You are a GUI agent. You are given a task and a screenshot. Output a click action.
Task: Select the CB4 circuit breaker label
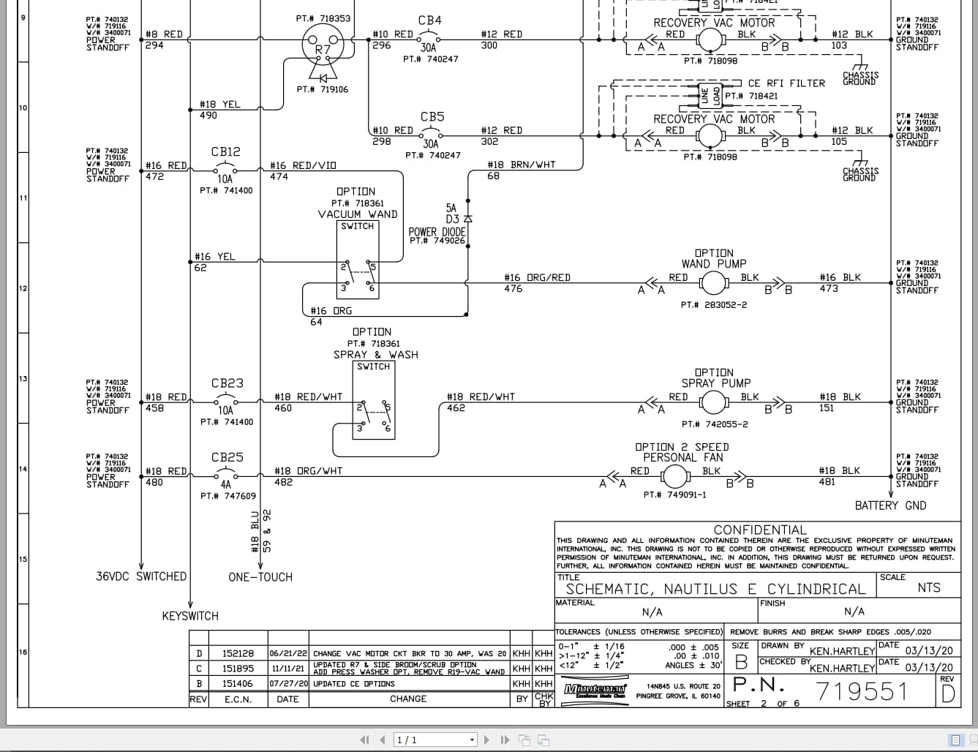[429, 20]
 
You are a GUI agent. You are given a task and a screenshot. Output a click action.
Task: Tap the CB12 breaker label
[225, 151]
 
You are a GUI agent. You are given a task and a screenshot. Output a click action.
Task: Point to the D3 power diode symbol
[468, 219]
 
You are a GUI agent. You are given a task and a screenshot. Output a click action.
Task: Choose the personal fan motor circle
[674, 476]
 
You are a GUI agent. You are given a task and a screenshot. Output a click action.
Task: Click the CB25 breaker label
[227, 457]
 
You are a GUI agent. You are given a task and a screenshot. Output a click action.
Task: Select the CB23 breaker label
[227, 383]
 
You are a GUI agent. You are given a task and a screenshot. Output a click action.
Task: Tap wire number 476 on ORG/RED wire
[514, 289]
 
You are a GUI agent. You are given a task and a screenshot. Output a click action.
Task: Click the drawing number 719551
[862, 691]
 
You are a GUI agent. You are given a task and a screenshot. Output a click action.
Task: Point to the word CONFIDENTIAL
[760, 530]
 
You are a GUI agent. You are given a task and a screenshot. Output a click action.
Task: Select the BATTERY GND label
[890, 505]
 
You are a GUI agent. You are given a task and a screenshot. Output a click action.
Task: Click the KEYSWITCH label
[190, 616]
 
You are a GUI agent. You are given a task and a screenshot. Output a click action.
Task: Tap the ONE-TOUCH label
[260, 577]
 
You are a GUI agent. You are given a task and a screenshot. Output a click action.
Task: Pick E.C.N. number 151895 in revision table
[238, 668]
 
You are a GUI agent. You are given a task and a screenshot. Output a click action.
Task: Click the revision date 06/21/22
[287, 653]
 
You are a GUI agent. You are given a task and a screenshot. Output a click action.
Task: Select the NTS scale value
[929, 587]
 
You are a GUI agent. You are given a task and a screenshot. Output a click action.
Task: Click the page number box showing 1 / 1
[435, 740]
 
